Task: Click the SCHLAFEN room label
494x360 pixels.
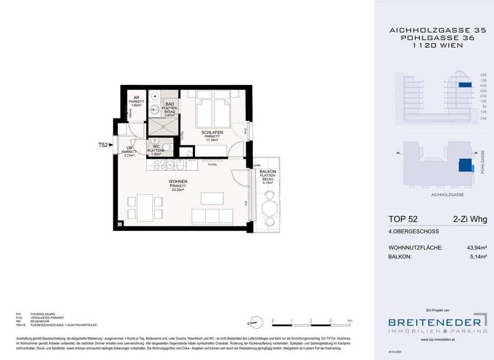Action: [212, 132]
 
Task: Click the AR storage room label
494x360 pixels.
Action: [136, 99]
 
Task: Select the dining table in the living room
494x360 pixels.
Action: [142, 208]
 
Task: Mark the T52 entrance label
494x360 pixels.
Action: [102, 145]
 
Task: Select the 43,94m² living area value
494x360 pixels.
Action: [472, 248]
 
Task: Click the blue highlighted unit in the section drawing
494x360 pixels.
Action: [464, 84]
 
